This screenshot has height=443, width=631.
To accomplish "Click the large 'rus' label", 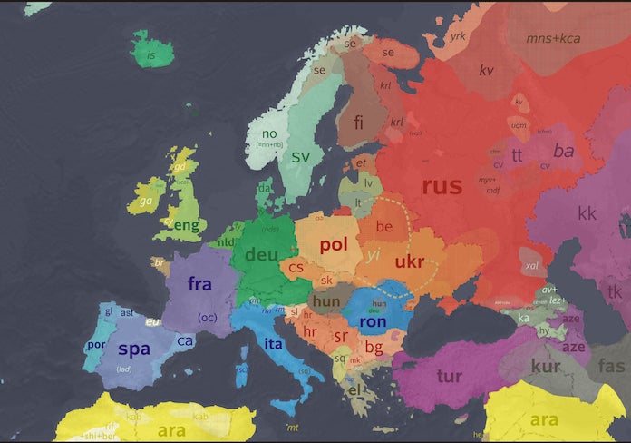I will tap(442, 186).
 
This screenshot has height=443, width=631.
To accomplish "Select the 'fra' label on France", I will tap(199, 283).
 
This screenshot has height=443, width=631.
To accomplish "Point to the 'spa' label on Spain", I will tap(134, 349).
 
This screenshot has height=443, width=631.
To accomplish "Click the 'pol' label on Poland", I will tap(334, 244).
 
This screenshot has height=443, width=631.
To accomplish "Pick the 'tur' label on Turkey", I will tap(449, 376).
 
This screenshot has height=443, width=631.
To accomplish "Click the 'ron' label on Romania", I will tap(373, 321).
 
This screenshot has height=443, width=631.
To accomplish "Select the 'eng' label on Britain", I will tap(185, 225).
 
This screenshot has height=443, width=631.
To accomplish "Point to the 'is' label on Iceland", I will tap(151, 55).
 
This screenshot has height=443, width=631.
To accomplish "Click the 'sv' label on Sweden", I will tap(300, 156).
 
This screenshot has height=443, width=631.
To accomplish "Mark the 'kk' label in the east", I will tap(587, 213).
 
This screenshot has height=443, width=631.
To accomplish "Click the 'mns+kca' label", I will tap(553, 38).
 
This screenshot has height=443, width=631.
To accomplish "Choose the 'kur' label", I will tap(546, 366).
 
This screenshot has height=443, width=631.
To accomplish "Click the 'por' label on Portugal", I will tap(94, 345).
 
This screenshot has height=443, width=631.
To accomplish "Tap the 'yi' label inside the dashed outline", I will tap(373, 256).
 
